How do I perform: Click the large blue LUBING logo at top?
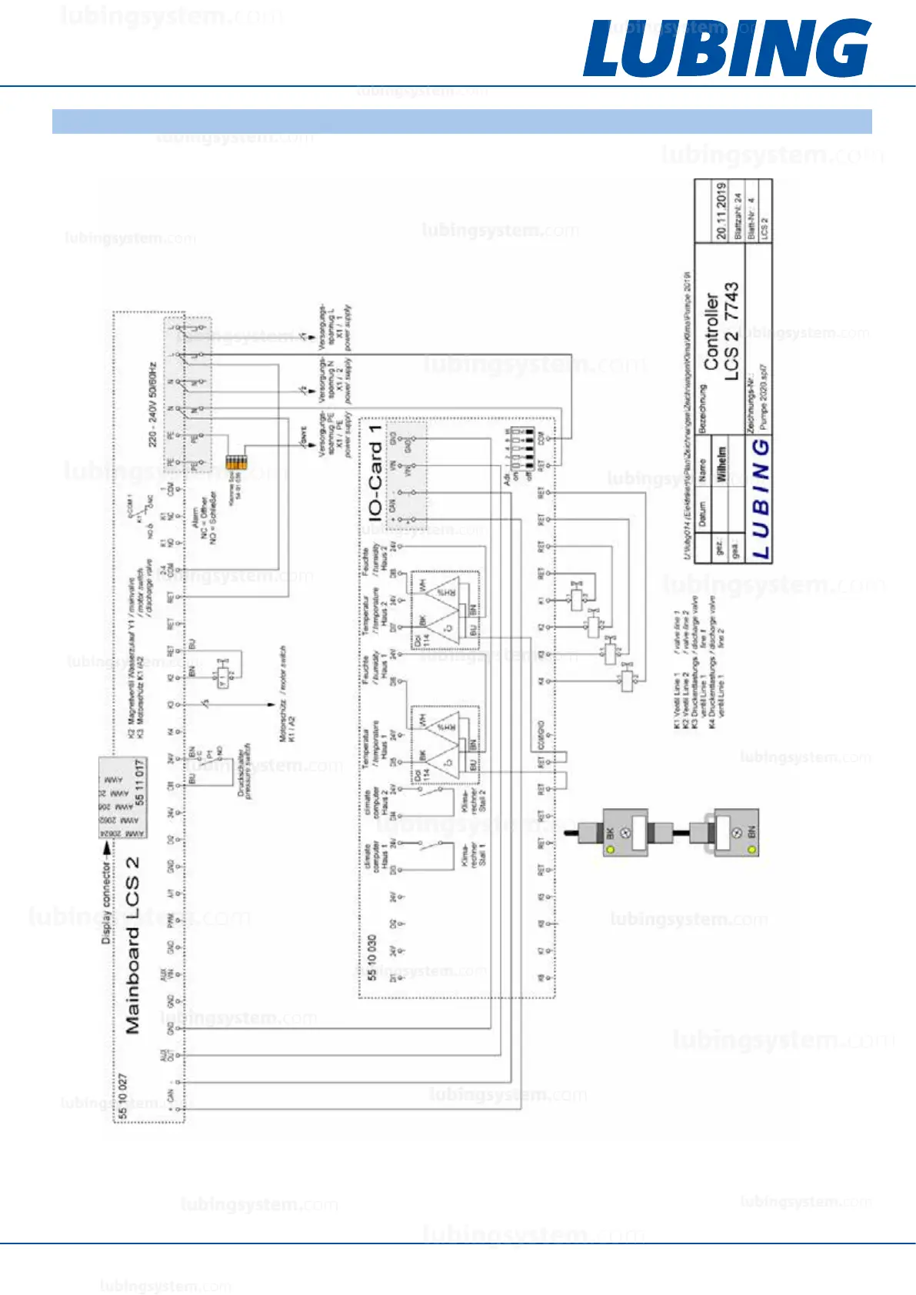(x=726, y=48)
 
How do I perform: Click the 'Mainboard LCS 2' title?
(x=132, y=945)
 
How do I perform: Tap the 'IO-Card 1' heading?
(x=375, y=471)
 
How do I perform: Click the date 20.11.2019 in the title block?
(x=721, y=211)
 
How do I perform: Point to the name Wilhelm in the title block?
(x=721, y=464)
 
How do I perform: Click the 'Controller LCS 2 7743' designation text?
(x=721, y=331)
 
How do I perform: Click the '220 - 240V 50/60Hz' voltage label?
(x=153, y=404)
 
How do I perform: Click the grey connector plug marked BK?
(x=624, y=833)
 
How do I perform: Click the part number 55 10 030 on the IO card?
(x=371, y=957)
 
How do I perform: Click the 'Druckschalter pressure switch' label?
(x=245, y=771)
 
